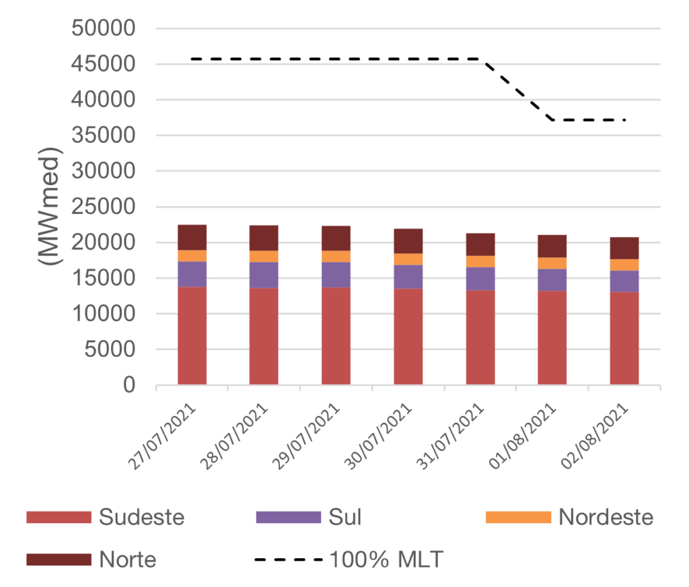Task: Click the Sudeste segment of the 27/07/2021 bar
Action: (x=192, y=335)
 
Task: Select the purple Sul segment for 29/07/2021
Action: (x=336, y=275)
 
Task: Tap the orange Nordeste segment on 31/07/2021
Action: (x=480, y=261)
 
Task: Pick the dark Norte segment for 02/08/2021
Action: (x=624, y=248)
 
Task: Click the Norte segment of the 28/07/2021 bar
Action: (x=264, y=238)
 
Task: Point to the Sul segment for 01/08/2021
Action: (x=552, y=279)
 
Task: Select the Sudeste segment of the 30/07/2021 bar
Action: (x=408, y=337)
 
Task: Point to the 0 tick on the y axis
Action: (x=129, y=386)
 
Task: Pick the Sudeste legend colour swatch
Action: (x=58, y=517)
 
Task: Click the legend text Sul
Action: (x=344, y=517)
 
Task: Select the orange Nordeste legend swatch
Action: (x=518, y=517)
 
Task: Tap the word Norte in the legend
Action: (x=128, y=559)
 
